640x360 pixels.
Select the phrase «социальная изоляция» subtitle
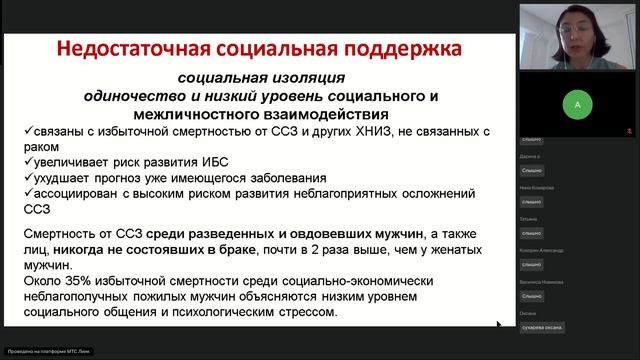[x=262, y=78]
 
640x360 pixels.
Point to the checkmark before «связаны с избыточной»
[x=26, y=133]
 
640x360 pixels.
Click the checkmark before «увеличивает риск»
[x=26, y=165]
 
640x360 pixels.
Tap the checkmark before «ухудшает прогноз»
[x=26, y=181]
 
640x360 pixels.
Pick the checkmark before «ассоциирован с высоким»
[x=26, y=197]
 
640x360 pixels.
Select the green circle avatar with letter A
[x=577, y=103]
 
